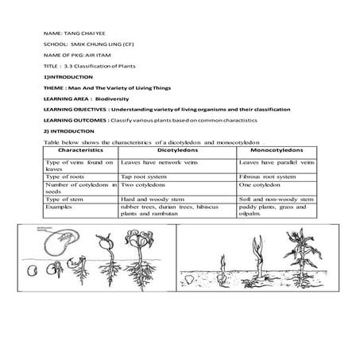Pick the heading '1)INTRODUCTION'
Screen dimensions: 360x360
pyautogui.click(x=65, y=76)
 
